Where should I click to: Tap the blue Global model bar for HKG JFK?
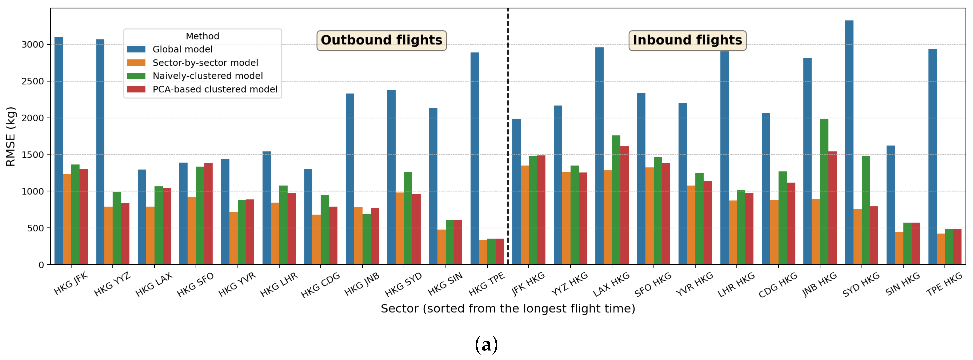click(x=59, y=151)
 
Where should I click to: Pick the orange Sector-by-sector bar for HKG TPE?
click(x=483, y=252)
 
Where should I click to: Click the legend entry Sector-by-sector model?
click(x=205, y=63)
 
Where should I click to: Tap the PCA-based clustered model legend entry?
click(x=215, y=89)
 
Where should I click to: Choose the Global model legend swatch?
click(x=136, y=49)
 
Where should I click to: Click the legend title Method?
click(x=203, y=36)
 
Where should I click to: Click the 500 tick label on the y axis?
click(x=36, y=228)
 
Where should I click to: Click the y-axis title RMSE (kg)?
click(x=11, y=136)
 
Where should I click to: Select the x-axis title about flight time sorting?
click(x=508, y=309)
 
